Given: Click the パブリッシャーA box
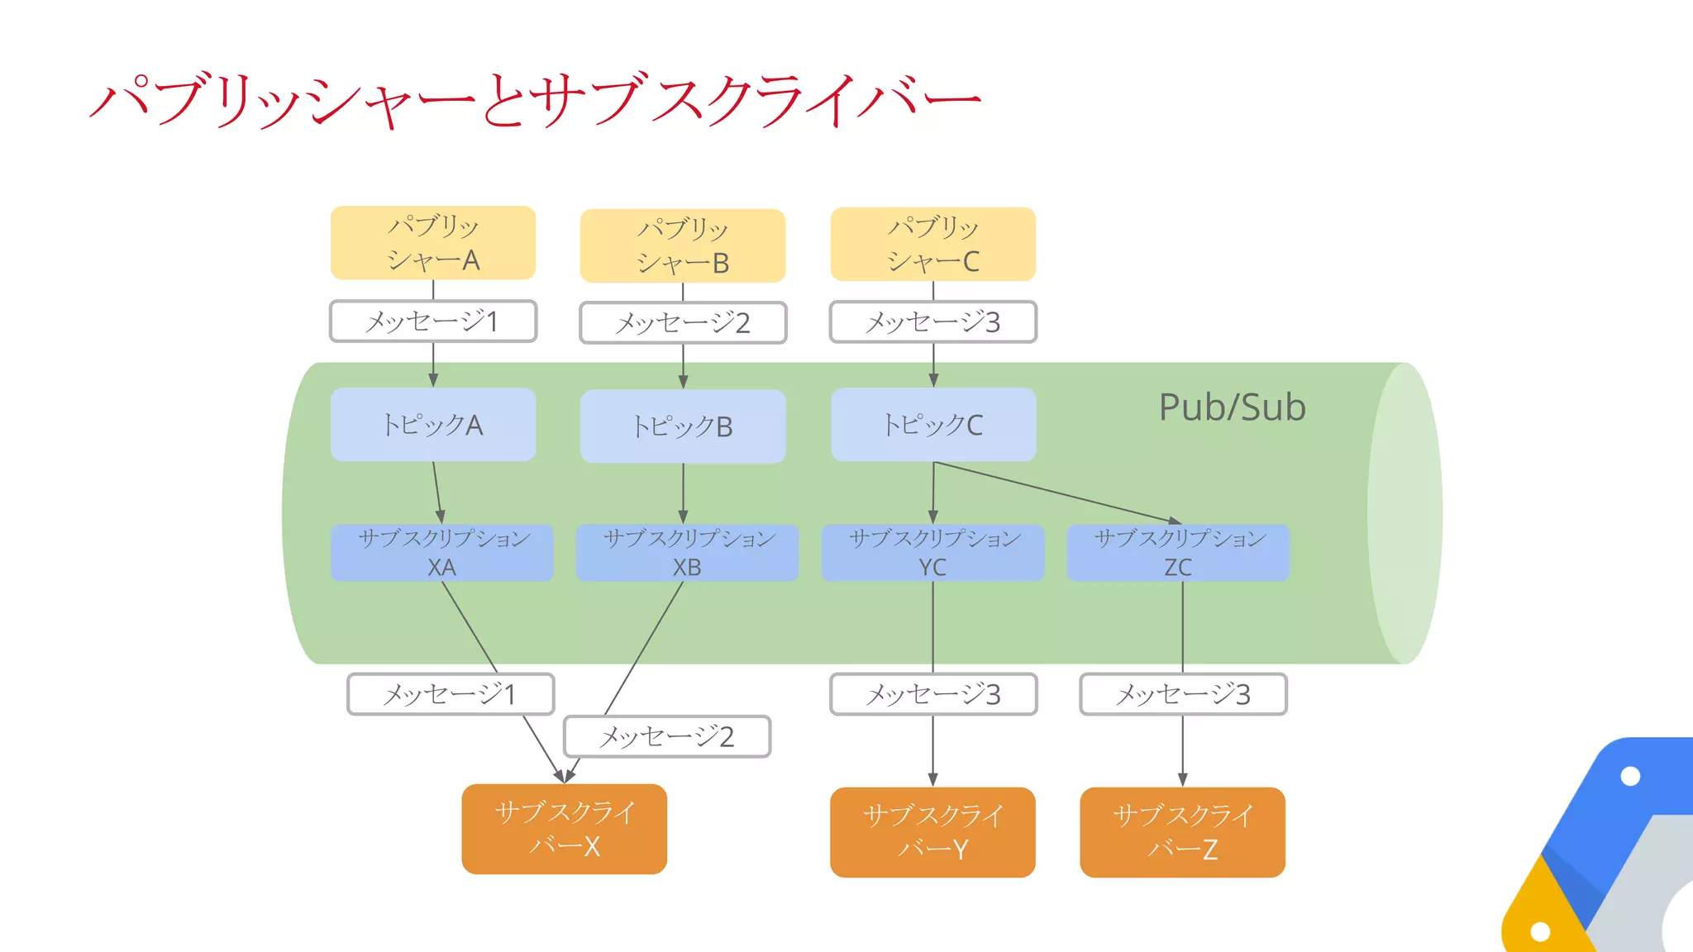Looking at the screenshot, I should pos(433,243).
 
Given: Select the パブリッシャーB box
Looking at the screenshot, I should pos(683,245).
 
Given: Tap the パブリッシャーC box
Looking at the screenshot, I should pos(932,244).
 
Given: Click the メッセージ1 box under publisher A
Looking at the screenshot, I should pos(433,321).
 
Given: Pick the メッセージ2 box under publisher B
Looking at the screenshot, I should pos(683,323).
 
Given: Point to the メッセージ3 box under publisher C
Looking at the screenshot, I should pos(932,322).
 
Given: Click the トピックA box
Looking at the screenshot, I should pos(433,425).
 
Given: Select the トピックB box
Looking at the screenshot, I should pos(683,426).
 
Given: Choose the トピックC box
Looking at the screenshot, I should pos(933,425).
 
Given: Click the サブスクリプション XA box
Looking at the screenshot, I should pos(441,553).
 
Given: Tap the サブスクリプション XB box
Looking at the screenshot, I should pos(687,553).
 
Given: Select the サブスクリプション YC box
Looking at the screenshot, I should pos(932,553).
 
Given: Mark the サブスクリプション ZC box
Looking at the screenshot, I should pos(1178,553).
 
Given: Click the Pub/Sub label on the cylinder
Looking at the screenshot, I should pos(1232,407).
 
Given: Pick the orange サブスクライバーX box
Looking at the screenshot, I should pos(565,829).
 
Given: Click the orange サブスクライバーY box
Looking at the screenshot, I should pos(932,832).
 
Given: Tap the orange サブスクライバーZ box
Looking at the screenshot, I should pos(1182,832).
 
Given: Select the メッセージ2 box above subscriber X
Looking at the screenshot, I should pos(667,736).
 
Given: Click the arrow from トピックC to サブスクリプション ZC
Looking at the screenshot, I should pos(1058,493).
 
